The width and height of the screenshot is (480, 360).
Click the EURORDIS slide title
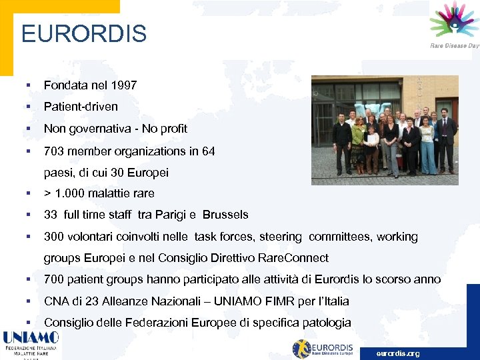pos(84,33)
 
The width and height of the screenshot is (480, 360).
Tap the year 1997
pos(125,85)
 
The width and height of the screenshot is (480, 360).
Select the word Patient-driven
pos(81,107)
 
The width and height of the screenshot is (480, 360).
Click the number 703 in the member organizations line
pos(54,151)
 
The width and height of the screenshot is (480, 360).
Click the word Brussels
pos(225,215)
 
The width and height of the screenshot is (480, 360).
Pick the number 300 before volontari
pos(54,237)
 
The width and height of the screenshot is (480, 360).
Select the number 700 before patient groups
pos(54,279)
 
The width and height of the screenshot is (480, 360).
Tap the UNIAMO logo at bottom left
pos(31,344)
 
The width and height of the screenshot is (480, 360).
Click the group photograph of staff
pos(385,130)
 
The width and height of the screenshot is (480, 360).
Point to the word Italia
pos(334,301)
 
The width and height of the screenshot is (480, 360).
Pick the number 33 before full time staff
pos(51,215)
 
